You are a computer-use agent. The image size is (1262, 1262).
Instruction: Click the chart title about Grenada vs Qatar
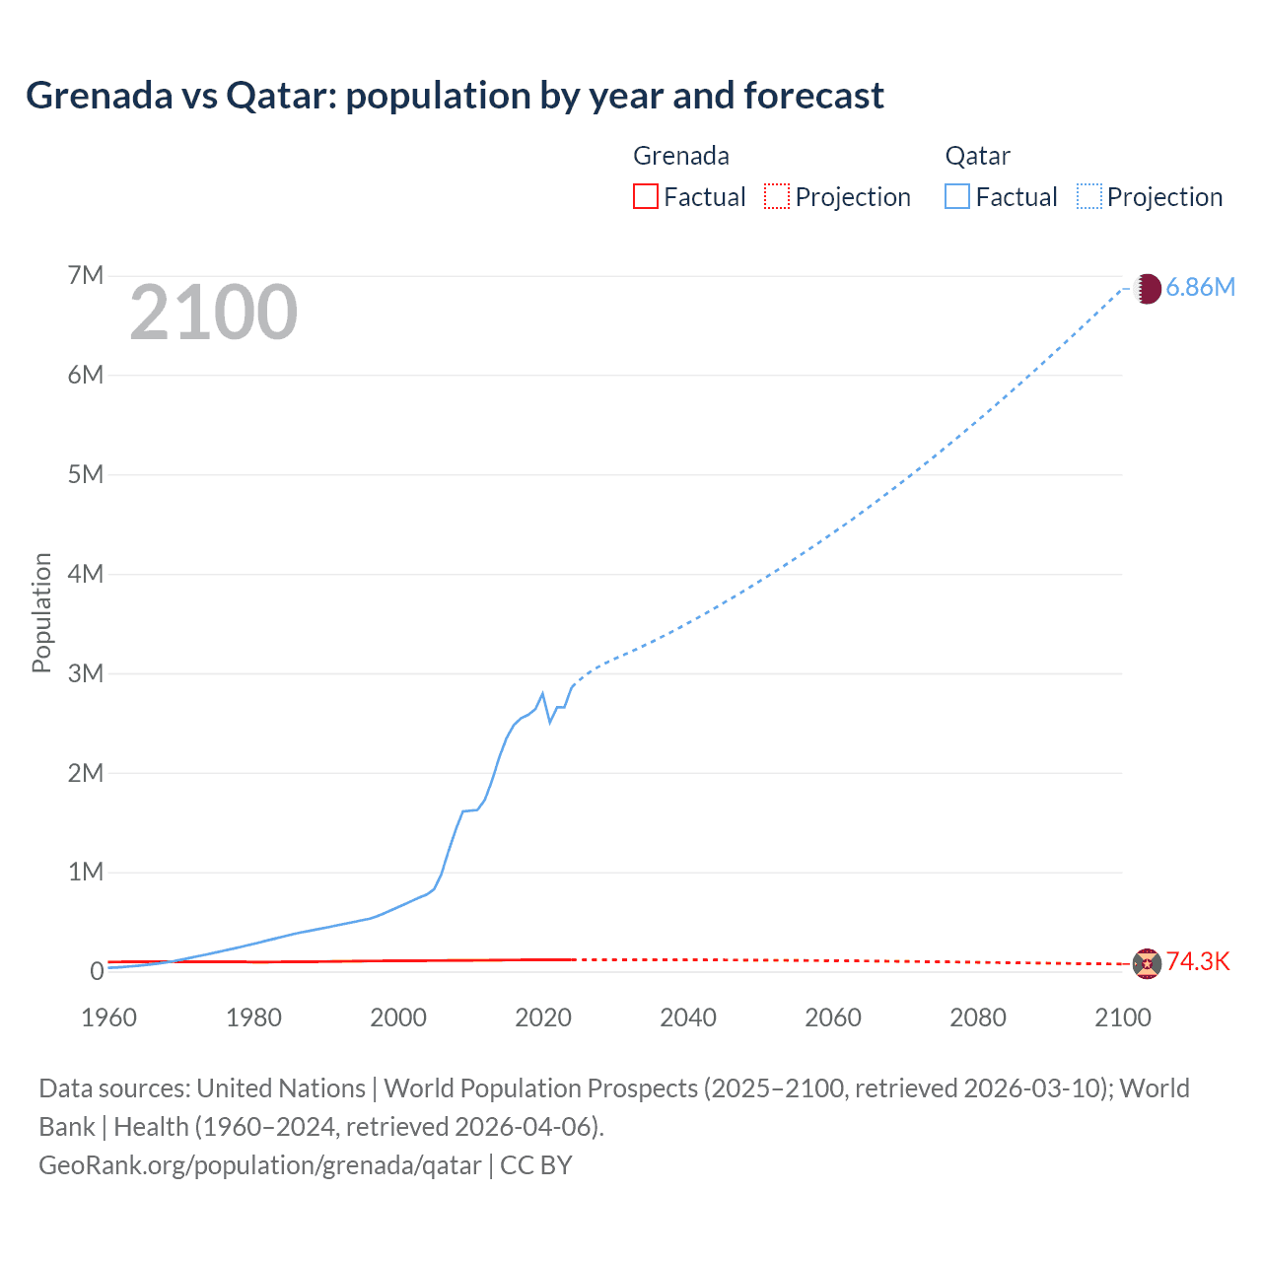click(455, 96)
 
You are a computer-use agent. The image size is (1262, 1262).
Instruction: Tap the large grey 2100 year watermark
click(213, 313)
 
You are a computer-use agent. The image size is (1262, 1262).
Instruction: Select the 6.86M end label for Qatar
click(1200, 287)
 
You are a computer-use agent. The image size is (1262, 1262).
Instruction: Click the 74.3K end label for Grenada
click(1198, 962)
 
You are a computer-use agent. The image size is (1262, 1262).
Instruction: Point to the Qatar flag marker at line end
click(1147, 289)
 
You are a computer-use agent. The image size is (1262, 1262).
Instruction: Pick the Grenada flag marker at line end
click(1147, 963)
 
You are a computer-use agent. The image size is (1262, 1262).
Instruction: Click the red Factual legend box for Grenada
click(646, 196)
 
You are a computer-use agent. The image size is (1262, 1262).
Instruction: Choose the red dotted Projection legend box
click(777, 196)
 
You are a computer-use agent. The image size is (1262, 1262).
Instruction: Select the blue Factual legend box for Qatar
click(957, 196)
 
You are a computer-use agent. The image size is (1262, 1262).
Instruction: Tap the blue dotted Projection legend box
click(1089, 196)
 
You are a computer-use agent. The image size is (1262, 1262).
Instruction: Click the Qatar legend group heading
click(977, 156)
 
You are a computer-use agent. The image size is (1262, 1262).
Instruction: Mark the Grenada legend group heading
click(681, 156)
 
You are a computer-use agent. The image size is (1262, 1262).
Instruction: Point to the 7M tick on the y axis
click(86, 275)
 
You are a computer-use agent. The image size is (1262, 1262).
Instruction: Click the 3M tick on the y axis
click(86, 673)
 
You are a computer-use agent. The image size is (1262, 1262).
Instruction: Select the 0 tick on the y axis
click(97, 971)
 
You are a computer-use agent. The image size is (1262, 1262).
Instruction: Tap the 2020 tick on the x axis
click(543, 1017)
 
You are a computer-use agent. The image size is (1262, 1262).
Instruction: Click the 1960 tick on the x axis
click(109, 1017)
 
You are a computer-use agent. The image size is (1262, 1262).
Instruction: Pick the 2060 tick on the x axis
click(833, 1017)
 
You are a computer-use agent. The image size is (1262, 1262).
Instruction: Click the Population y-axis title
click(41, 612)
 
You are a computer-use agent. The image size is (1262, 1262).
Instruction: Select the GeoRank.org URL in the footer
click(260, 1165)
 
